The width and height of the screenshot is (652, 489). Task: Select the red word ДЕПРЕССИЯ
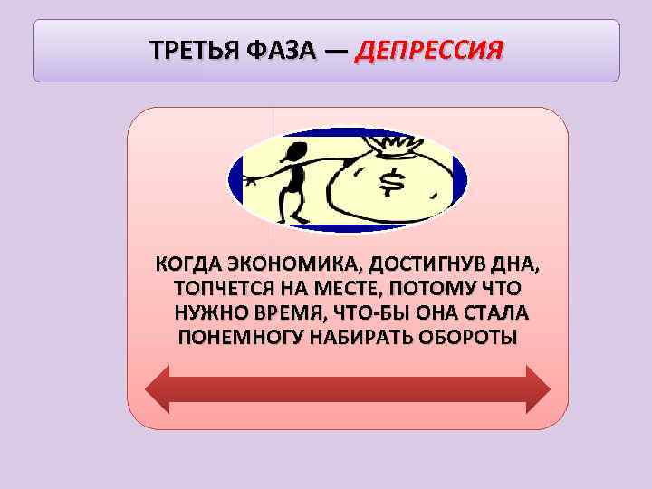pyautogui.click(x=429, y=49)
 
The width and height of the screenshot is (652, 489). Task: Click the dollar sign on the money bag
pyautogui.click(x=392, y=184)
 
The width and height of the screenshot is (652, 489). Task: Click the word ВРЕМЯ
pyautogui.click(x=288, y=313)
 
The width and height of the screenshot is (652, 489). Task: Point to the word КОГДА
pyautogui.click(x=188, y=266)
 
